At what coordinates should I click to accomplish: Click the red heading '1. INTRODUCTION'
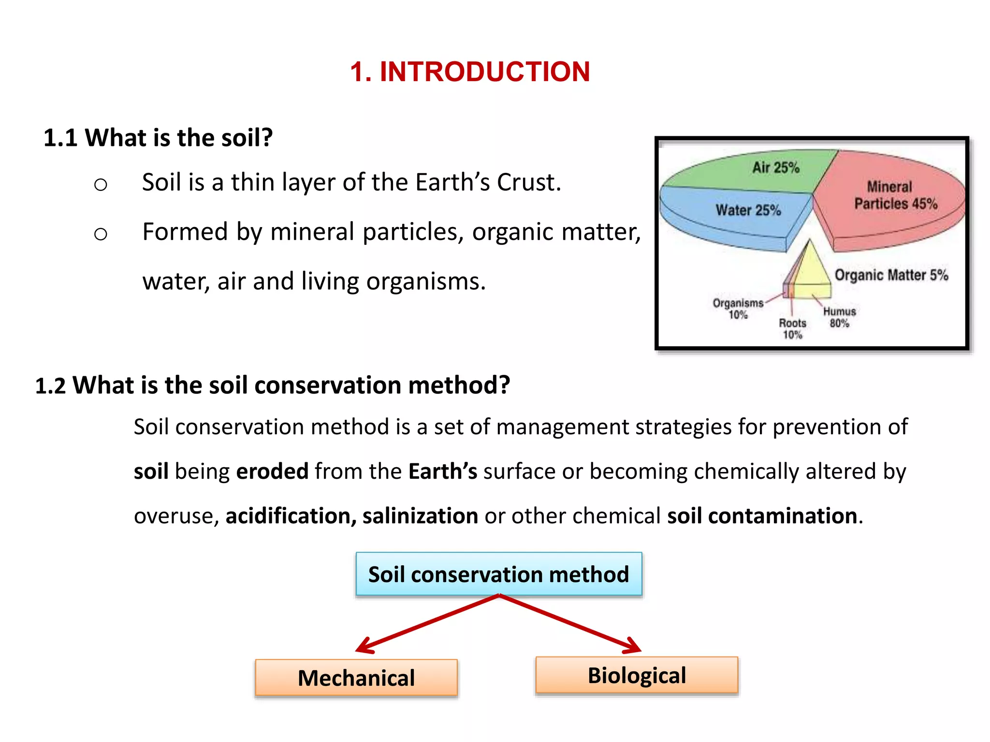click(470, 71)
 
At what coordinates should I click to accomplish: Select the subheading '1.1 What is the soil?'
click(158, 138)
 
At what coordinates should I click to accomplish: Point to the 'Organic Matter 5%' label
click(891, 275)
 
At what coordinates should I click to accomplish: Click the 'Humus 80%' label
click(840, 317)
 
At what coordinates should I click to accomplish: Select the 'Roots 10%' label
click(792, 328)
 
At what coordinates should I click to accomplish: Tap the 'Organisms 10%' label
click(738, 309)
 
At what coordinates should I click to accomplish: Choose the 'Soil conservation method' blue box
click(499, 574)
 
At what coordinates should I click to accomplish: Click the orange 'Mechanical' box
click(356, 677)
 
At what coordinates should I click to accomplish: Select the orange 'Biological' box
click(637, 675)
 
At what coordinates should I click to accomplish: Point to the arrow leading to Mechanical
click(425, 624)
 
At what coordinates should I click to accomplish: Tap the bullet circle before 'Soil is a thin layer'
click(101, 184)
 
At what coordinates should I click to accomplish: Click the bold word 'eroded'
click(272, 471)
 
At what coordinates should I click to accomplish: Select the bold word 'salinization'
click(420, 515)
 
